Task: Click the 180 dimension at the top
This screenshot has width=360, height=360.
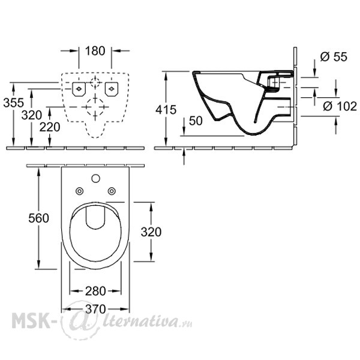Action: (x=95, y=51)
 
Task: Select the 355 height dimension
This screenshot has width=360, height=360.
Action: (x=14, y=103)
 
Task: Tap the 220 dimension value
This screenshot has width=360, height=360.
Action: (x=50, y=127)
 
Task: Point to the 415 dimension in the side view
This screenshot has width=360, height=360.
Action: (x=166, y=110)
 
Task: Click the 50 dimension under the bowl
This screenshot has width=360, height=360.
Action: (x=196, y=121)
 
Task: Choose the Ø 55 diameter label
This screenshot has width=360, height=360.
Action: (x=334, y=57)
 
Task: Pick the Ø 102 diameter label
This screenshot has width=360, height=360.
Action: (x=340, y=106)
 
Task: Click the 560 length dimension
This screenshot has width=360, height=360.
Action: (x=38, y=218)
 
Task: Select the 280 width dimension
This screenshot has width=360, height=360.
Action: (x=95, y=292)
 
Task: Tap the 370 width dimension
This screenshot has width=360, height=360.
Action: (x=95, y=309)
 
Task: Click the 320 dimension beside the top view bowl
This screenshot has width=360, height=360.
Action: (x=151, y=232)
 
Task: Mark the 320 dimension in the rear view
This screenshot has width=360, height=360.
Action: (x=32, y=115)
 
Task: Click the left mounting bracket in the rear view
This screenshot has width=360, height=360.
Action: (x=79, y=89)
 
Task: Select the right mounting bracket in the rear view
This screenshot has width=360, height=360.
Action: (x=112, y=89)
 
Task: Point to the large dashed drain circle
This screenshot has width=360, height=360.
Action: (x=95, y=107)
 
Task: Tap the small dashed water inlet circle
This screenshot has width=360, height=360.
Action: (x=95, y=82)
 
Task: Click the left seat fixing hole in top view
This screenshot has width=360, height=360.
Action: (x=79, y=191)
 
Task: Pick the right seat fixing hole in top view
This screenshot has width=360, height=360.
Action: (x=112, y=191)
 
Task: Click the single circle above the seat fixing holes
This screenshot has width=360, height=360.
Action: (x=96, y=178)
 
